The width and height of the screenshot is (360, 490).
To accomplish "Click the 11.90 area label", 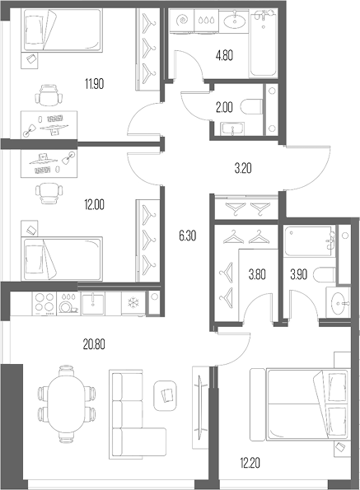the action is click(94, 84).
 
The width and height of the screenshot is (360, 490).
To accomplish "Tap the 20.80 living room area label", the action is click(94, 344).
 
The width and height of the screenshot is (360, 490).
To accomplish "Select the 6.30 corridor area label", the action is click(188, 236).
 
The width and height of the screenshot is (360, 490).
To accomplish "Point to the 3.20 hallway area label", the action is click(243, 169).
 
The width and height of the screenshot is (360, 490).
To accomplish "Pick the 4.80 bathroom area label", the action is click(224, 56).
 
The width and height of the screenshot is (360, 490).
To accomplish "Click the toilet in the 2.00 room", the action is click(251, 107).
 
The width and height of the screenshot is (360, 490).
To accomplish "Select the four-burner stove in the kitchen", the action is click(44, 303).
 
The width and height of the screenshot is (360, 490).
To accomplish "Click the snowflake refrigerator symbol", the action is click(133, 303).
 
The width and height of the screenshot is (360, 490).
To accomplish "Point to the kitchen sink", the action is click(93, 303).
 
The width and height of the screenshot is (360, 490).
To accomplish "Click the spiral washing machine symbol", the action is click(182, 21).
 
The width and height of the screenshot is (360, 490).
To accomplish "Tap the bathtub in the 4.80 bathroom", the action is click(263, 44).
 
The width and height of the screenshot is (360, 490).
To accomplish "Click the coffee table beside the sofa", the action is click(166, 395).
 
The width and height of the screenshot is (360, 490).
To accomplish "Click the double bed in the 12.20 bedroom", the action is click(299, 404).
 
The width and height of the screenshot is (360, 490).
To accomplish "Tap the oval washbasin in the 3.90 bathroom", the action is click(339, 303).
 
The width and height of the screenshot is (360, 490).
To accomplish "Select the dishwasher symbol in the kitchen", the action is click(68, 303).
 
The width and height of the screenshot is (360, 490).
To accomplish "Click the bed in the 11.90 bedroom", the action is click(63, 30).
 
